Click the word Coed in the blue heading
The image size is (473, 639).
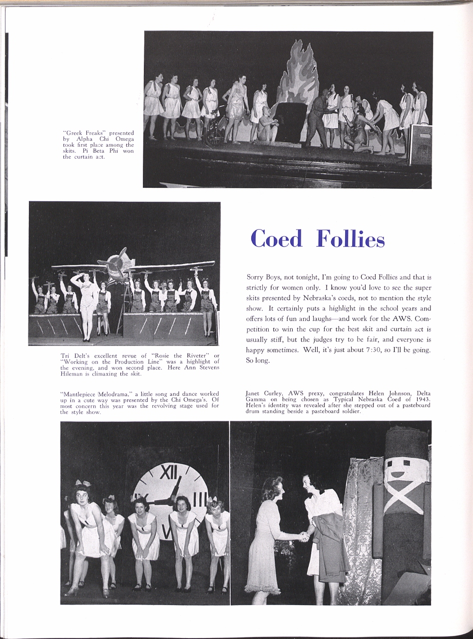(276, 239)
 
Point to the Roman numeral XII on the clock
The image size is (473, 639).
(168, 471)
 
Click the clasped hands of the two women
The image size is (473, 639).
(304, 537)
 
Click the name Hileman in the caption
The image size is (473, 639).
(72, 373)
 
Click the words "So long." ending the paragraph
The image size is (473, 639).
(258, 360)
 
